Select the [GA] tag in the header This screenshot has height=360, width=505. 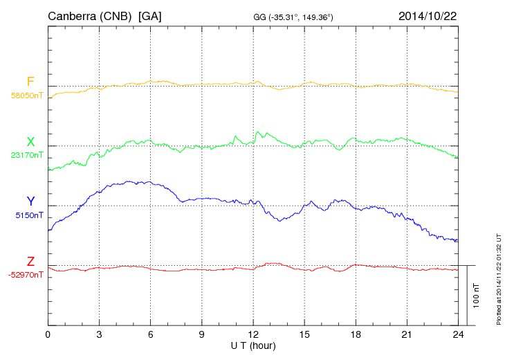(150, 15)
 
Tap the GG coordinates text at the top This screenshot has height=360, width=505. (293, 16)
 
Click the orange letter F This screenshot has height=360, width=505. (30, 82)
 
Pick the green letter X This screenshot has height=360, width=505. (30, 142)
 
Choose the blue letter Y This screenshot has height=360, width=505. (30, 201)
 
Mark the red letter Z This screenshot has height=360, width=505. (30, 261)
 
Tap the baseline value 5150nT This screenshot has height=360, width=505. (28, 215)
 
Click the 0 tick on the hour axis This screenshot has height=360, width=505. (48, 334)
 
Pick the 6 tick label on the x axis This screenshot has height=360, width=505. (150, 334)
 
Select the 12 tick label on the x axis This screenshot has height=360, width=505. (253, 334)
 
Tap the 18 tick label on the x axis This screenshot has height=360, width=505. (356, 334)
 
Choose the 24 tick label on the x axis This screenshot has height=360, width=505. (458, 334)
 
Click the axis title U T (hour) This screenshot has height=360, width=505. (253, 345)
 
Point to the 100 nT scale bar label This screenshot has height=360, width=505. (476, 295)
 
